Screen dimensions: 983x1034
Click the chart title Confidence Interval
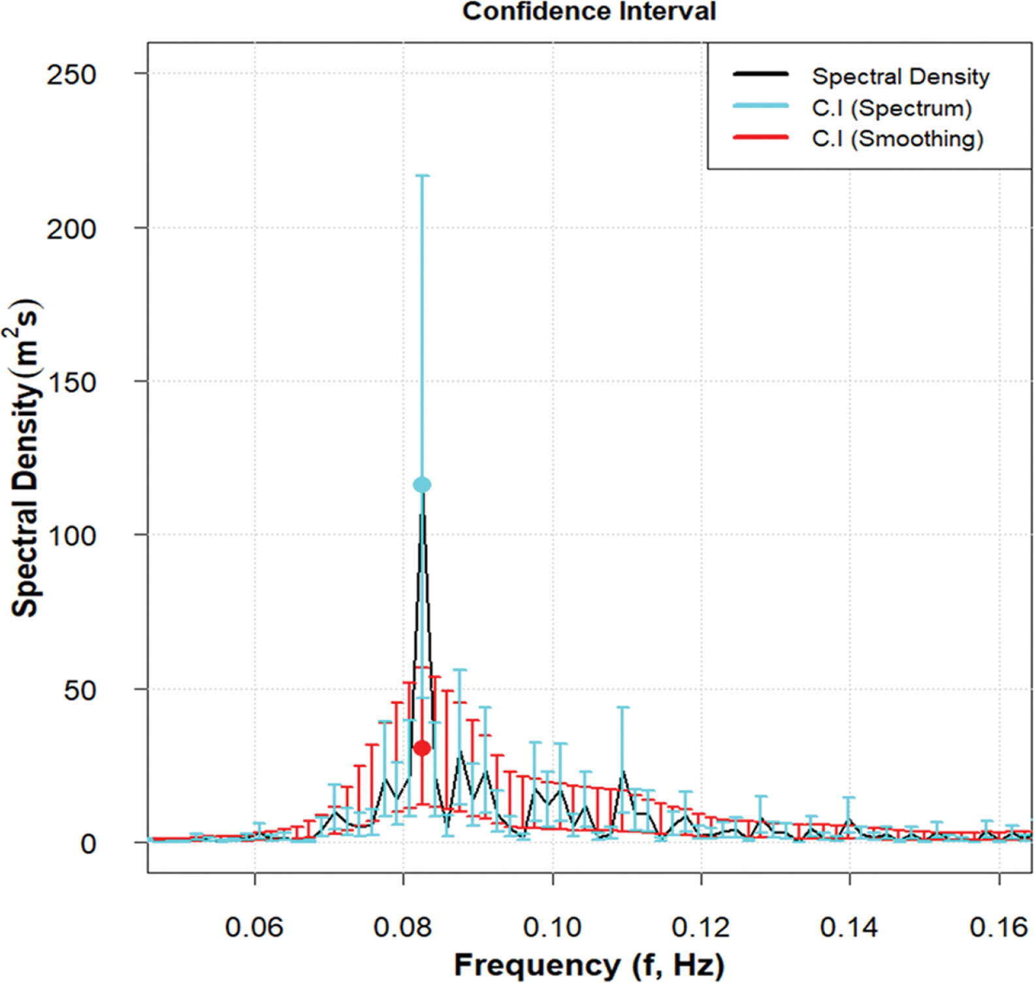click(x=589, y=12)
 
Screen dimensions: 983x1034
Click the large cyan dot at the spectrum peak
click(x=422, y=485)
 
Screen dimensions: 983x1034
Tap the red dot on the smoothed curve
click(x=422, y=748)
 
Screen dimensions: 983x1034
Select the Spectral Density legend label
click(x=900, y=76)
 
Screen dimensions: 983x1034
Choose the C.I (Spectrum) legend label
click(x=892, y=108)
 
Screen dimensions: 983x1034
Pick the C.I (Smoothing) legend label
click(x=897, y=138)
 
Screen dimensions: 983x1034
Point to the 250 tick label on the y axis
click(x=71, y=74)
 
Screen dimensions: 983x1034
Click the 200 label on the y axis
click(x=71, y=229)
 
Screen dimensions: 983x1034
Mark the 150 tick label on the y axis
click(x=71, y=382)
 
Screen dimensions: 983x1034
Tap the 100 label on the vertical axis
click(x=71, y=536)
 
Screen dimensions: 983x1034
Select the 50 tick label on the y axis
click(x=80, y=690)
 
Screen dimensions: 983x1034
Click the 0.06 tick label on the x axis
click(x=254, y=927)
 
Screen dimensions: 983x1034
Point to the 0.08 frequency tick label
click(x=403, y=927)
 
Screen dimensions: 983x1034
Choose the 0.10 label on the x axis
click(x=553, y=927)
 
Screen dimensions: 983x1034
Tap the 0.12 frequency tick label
click(x=701, y=927)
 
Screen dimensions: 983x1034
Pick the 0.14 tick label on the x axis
click(x=849, y=927)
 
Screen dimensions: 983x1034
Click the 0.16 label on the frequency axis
click(x=999, y=927)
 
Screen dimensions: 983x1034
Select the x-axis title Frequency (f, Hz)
click(x=589, y=965)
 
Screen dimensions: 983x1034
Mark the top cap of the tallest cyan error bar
click(x=422, y=176)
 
